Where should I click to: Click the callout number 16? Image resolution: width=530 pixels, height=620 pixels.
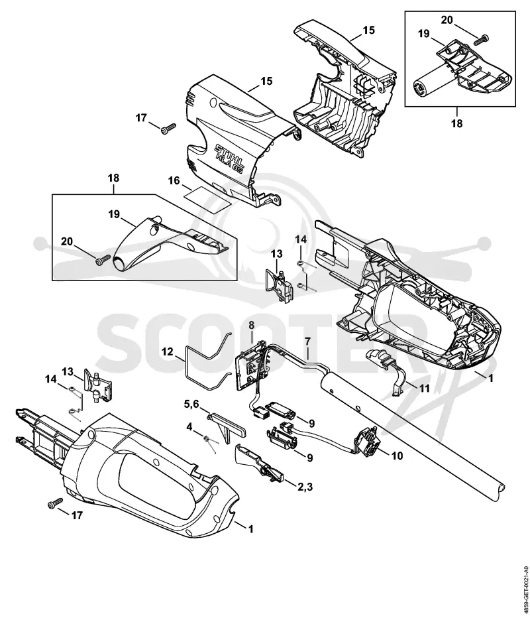click(x=174, y=181)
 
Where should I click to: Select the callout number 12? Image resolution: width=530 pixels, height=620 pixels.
click(x=168, y=351)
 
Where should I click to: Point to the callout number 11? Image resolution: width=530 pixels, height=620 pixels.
click(x=425, y=389)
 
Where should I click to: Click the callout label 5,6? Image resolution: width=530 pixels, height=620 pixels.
click(x=191, y=404)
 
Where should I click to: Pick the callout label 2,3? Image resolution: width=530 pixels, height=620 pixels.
click(x=305, y=487)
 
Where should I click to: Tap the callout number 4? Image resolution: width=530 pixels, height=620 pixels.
click(x=189, y=427)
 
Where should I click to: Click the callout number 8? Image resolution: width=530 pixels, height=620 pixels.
click(x=252, y=325)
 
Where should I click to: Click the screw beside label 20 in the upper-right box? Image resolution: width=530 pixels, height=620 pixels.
click(x=482, y=38)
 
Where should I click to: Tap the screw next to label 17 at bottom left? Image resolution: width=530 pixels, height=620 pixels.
click(x=55, y=503)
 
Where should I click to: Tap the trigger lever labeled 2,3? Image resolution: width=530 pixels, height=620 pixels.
click(x=258, y=463)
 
